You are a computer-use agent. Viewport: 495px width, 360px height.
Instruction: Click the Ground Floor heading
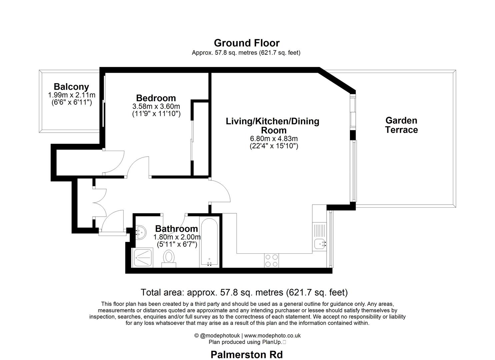(247, 43)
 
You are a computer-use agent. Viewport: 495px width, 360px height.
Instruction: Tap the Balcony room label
(71, 87)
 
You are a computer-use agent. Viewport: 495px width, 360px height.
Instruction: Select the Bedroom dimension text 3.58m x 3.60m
(156, 106)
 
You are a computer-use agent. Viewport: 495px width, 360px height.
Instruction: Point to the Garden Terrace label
(401, 125)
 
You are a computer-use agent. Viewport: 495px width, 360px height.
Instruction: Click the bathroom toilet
(169, 259)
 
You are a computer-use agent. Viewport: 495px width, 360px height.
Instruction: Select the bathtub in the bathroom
(209, 242)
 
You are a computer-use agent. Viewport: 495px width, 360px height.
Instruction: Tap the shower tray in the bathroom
(142, 258)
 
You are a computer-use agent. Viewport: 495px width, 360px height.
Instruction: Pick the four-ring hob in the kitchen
(271, 261)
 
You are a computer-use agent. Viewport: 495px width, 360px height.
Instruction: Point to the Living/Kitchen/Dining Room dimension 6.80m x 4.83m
(274, 139)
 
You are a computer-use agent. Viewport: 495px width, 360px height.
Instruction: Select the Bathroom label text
(176, 229)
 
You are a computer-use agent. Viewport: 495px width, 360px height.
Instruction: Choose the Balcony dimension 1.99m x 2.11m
(72, 95)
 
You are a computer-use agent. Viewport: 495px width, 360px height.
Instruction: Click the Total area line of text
(244, 292)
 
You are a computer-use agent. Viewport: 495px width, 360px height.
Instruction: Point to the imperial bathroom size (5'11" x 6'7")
(177, 244)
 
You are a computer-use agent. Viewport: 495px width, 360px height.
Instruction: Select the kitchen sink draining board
(320, 230)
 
